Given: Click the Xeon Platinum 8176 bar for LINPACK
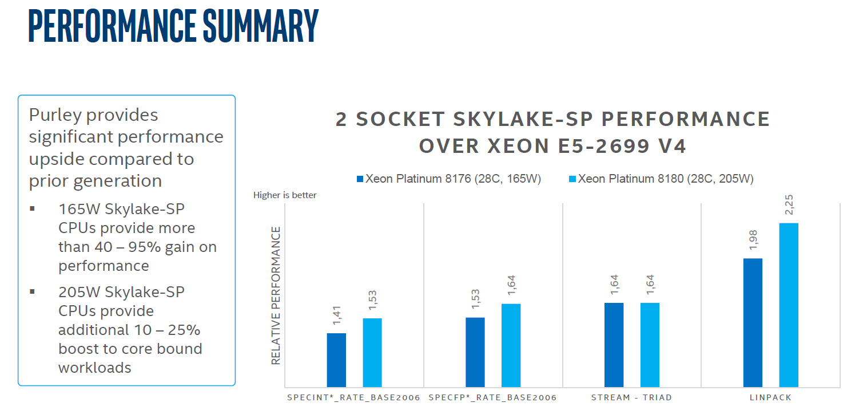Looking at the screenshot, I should [753, 323].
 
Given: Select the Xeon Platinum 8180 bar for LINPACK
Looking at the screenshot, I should [789, 305].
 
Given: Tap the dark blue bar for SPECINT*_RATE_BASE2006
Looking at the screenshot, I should [336, 360].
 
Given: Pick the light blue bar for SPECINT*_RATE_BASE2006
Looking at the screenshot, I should [372, 353].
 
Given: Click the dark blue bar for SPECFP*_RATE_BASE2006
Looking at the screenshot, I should [475, 352].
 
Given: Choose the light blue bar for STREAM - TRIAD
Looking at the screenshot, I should [650, 345].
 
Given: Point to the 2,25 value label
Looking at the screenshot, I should [789, 204].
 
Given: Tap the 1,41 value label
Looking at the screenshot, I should [337, 315].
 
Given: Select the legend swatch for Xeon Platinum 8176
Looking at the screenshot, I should [360, 179].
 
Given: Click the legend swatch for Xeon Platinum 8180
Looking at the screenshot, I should [572, 179].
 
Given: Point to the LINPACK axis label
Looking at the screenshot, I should [770, 397].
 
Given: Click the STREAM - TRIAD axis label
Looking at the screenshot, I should [631, 397].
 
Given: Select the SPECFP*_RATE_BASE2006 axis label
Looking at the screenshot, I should [492, 397].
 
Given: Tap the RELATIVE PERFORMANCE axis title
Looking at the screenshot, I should [276, 295].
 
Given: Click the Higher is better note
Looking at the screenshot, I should [285, 195].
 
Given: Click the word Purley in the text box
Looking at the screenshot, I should [55, 115].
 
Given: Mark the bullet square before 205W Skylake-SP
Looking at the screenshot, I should [33, 291].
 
